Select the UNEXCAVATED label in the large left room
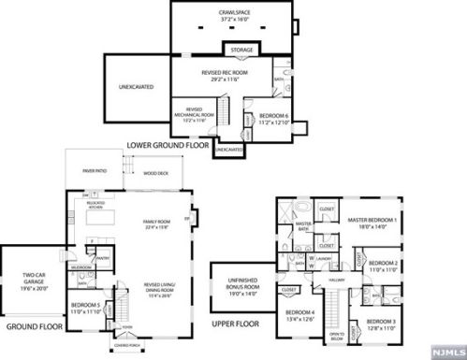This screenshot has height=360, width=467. [136, 88]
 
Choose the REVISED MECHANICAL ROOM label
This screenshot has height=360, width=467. [195, 113]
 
